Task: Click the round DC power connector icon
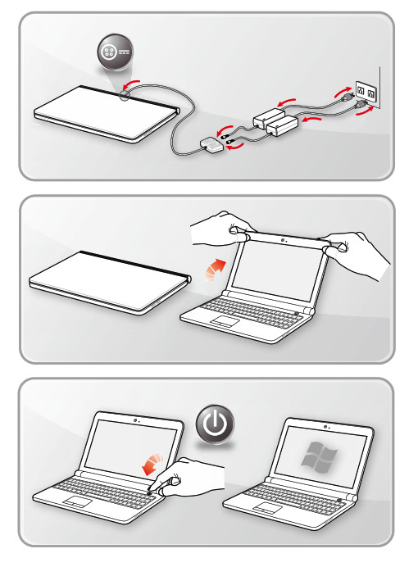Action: pyautogui.click(x=111, y=51)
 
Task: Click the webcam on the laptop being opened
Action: pyautogui.click(x=282, y=241)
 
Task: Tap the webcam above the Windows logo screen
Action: pyautogui.click(x=327, y=429)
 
